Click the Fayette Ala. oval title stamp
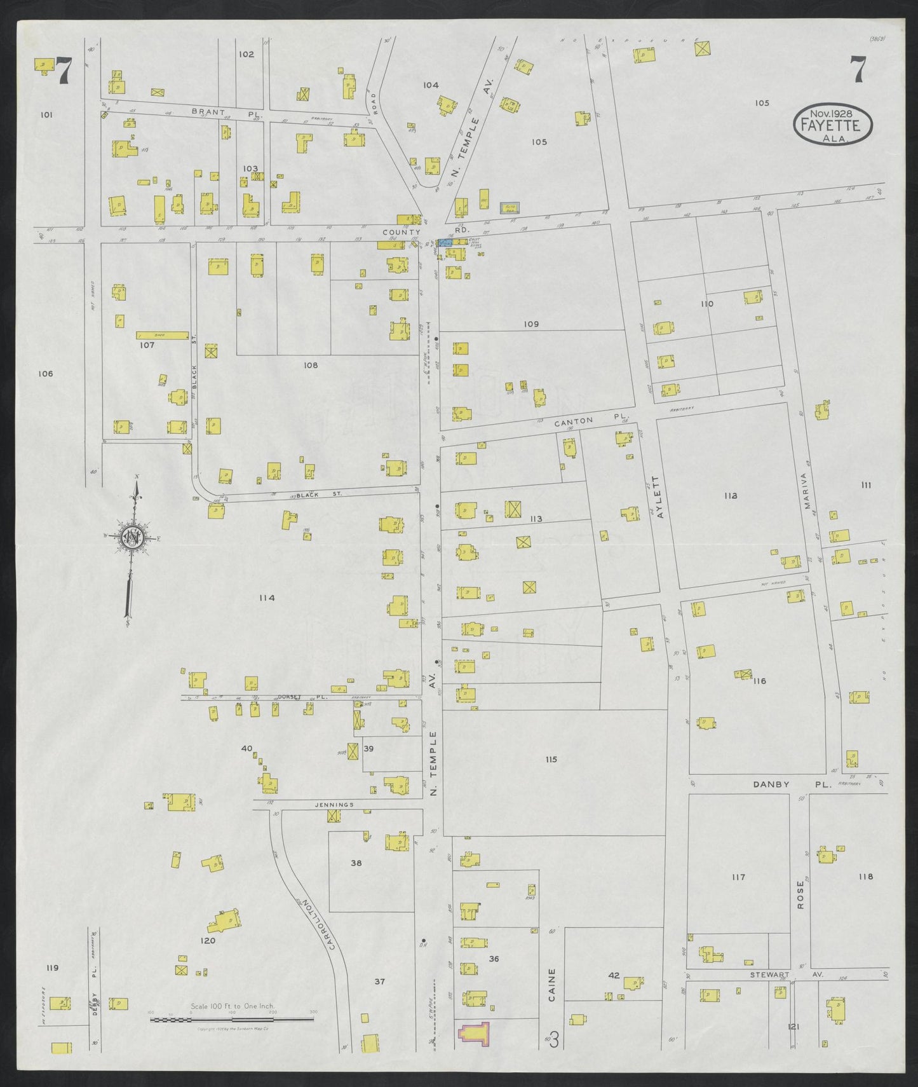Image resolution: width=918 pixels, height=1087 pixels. tap(833, 122)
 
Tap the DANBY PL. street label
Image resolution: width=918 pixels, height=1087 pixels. tap(792, 784)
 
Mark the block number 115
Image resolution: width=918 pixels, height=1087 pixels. tap(551, 760)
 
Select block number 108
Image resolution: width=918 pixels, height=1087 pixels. tap(310, 366)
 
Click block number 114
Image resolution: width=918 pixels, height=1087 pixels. tap(266, 598)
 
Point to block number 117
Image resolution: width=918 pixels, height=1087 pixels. tap(738, 877)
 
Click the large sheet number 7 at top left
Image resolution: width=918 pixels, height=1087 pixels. tap(64, 71)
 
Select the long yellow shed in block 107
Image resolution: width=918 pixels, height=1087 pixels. tap(163, 334)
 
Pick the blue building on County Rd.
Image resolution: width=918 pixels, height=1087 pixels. tap(445, 242)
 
